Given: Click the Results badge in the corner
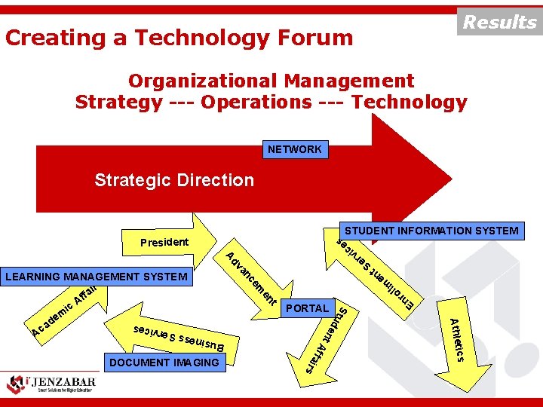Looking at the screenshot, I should point(499,22).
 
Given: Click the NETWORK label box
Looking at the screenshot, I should point(294,150).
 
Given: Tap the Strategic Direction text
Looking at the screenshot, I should point(174,180).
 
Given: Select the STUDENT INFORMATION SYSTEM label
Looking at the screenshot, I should point(431,231).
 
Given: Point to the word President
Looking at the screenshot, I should point(164,242).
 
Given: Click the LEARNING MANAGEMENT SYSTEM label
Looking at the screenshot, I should point(97,277).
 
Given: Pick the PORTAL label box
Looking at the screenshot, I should point(308,308).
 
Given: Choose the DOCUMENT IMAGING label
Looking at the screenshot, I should point(164,363).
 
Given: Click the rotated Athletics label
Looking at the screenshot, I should point(458,340).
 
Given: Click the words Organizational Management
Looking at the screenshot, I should point(271,81).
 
